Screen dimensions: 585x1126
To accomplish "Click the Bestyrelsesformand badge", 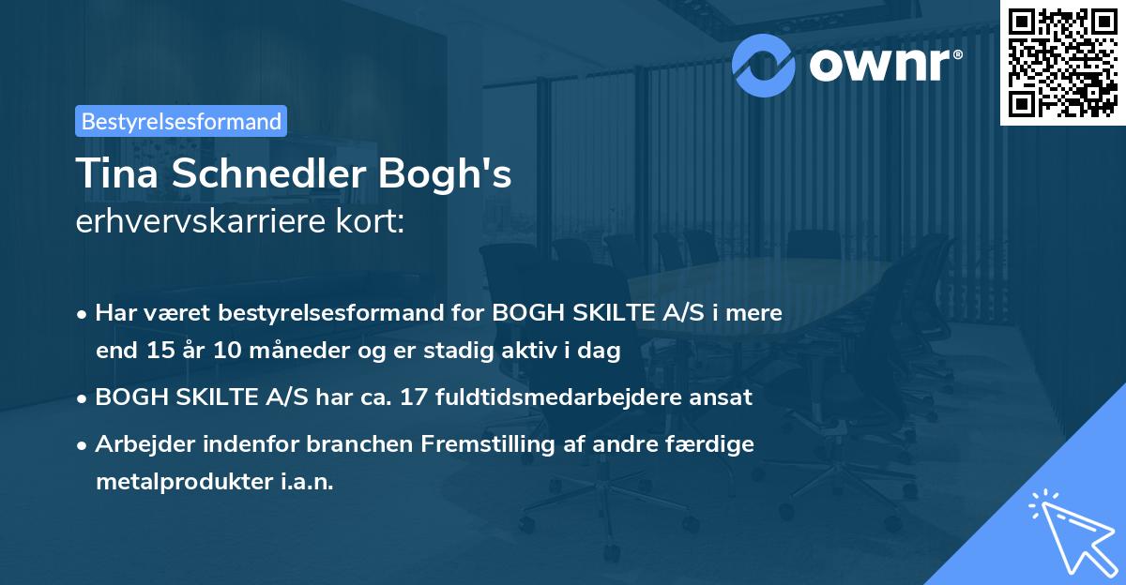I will tap(181, 121).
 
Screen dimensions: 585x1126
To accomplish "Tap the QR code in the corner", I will tap(1060, 62).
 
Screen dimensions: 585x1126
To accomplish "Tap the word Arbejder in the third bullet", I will tap(139, 443).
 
